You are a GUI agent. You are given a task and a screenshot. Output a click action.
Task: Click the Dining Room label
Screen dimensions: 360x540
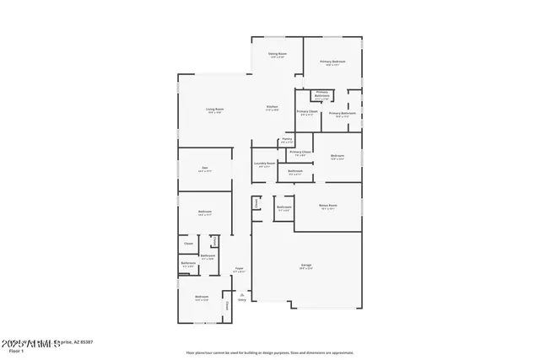[277, 56]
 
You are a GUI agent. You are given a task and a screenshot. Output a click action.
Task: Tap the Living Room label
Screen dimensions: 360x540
[214, 110]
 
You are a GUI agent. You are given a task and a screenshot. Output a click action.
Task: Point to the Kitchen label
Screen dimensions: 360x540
[273, 107]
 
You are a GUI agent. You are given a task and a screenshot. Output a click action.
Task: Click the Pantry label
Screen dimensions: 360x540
[287, 140]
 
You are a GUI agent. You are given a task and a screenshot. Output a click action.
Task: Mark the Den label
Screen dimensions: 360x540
[204, 169]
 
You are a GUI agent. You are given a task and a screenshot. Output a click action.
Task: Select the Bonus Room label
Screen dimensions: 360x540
[327, 206]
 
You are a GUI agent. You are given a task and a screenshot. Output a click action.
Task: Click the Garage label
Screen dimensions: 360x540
[305, 266]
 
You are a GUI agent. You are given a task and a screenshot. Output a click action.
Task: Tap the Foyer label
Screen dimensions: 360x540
[239, 269]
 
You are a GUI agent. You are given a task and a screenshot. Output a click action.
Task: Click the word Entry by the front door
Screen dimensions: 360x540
[242, 298]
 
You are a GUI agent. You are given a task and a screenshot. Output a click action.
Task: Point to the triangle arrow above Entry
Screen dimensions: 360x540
[242, 293]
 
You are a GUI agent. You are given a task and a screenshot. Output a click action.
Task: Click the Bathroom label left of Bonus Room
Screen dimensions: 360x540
[284, 207]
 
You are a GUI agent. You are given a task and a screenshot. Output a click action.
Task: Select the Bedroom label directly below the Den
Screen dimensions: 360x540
[204, 212]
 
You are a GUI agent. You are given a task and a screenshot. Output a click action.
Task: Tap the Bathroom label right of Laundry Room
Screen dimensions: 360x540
[295, 172]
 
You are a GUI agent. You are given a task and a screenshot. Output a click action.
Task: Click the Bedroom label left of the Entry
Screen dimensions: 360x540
[202, 298]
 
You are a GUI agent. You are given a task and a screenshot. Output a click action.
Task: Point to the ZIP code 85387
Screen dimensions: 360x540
[86, 342]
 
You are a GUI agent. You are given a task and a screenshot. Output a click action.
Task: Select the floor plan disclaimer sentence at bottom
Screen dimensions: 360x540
[271, 352]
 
